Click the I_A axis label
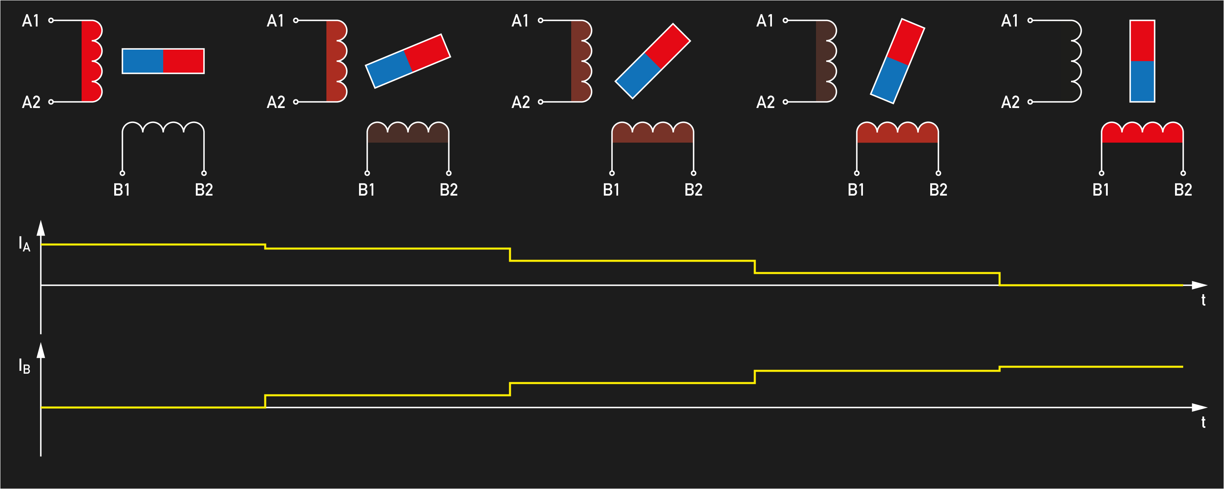point(24,244)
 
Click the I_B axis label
point(24,366)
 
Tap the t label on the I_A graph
point(1203,300)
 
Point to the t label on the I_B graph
point(1203,422)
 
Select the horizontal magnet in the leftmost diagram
point(163,61)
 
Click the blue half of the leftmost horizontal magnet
point(142,61)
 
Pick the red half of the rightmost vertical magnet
point(1142,41)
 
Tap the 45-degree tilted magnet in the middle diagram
point(652,61)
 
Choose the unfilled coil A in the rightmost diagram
point(1075,61)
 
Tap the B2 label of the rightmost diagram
point(1183,190)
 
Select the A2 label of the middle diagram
point(520,102)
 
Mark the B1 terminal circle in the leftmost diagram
point(122,173)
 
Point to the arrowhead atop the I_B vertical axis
point(41,350)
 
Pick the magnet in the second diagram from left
point(408,61)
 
